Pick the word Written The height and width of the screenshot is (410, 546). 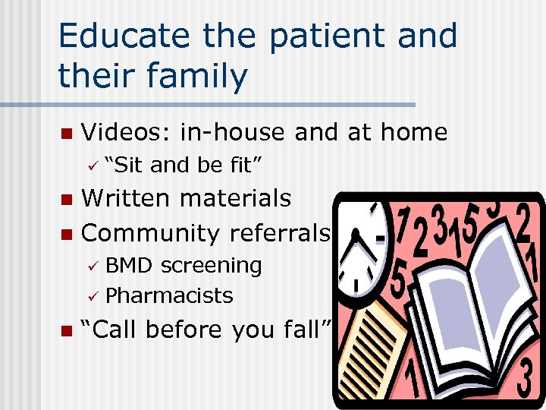(x=128, y=198)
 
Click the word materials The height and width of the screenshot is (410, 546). (x=237, y=198)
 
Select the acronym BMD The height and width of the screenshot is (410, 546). (x=129, y=266)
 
